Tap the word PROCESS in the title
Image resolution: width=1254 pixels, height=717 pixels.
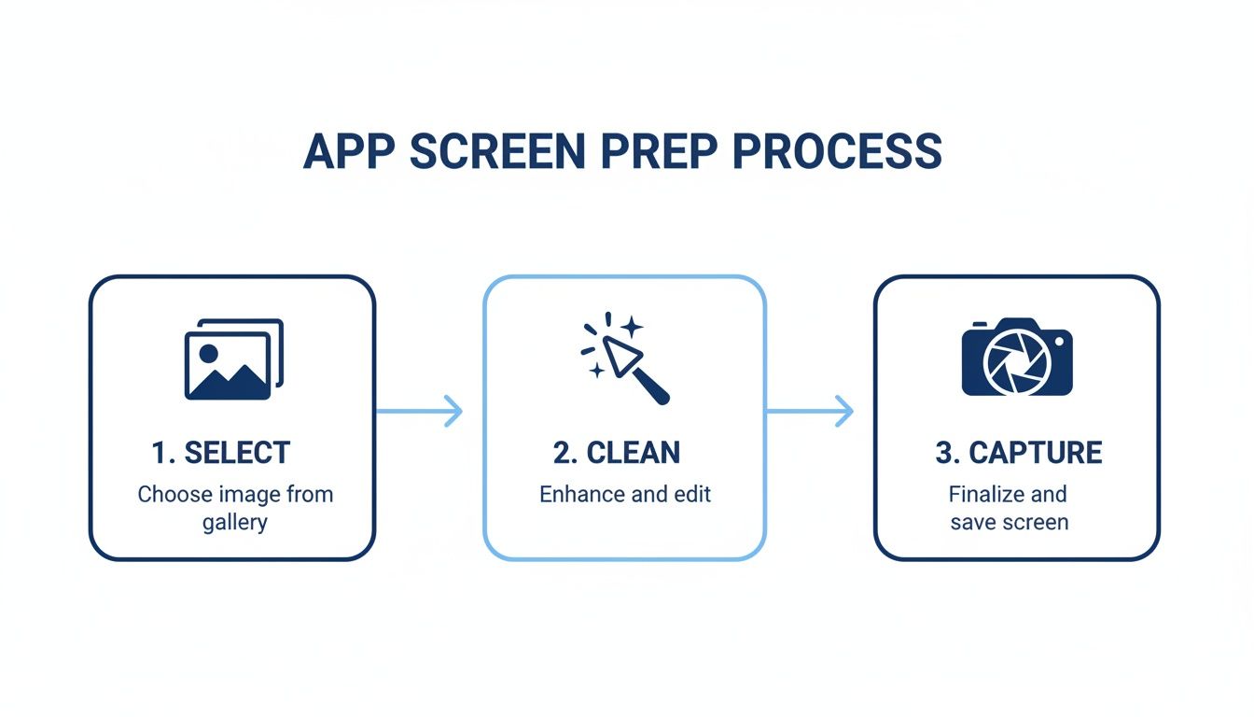click(x=837, y=152)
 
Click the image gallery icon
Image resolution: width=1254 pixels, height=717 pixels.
click(x=233, y=359)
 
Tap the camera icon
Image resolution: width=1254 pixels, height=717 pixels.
click(x=1017, y=358)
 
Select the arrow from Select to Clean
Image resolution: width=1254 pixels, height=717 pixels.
click(x=419, y=411)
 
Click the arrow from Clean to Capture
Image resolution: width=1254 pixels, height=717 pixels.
click(x=810, y=411)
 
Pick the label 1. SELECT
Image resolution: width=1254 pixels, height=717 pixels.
click(x=221, y=453)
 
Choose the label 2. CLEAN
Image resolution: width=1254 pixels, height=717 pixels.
click(x=617, y=453)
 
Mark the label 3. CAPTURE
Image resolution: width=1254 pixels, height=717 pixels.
click(x=1018, y=453)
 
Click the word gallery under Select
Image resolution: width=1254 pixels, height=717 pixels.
click(x=235, y=522)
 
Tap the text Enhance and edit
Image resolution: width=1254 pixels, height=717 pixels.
click(x=625, y=494)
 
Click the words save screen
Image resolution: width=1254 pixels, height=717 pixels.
click(x=1009, y=522)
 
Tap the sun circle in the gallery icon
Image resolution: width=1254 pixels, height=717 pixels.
click(x=209, y=353)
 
